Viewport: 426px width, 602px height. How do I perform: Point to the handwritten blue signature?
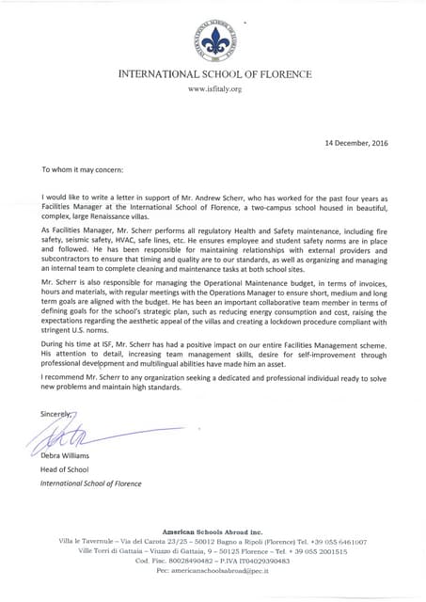coord(80,435)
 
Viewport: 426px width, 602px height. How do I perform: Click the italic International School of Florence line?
coord(90,483)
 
